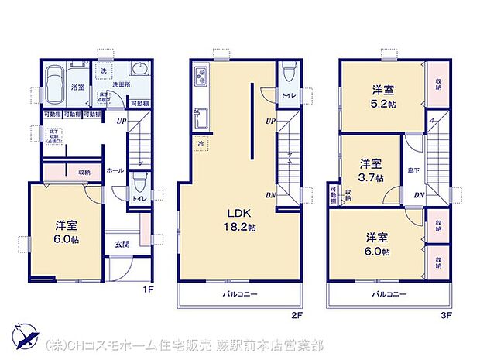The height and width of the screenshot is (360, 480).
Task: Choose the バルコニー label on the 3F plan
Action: (x=389, y=294)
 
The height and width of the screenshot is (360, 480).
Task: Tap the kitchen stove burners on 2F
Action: (x=200, y=77)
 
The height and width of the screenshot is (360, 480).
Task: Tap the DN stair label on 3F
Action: (x=418, y=195)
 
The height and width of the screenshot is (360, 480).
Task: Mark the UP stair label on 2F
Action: (x=271, y=121)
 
